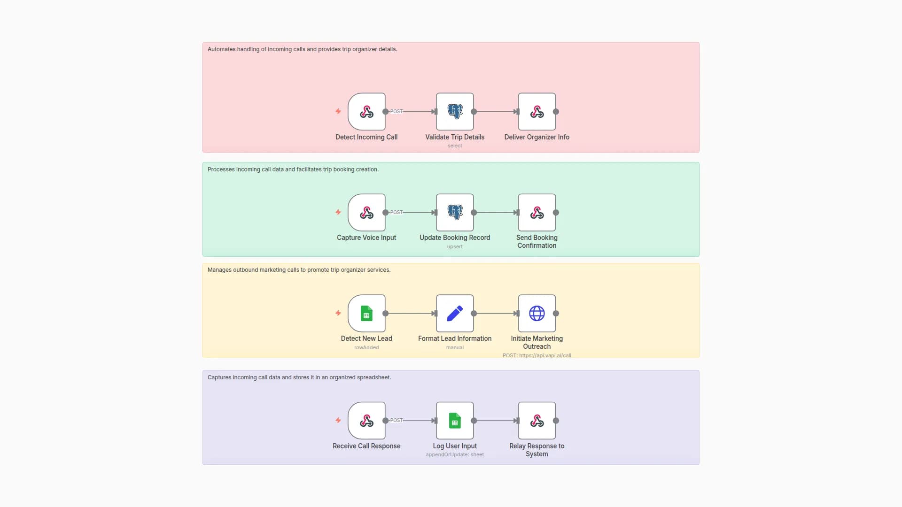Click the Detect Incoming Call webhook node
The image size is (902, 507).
point(366,112)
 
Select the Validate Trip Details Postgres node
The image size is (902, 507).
point(455,112)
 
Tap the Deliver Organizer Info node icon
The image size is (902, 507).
point(537,112)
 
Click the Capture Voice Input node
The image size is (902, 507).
point(366,213)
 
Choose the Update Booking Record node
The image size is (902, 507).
point(455,213)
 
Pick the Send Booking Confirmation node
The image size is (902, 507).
point(537,213)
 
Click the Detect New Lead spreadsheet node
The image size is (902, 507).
point(366,314)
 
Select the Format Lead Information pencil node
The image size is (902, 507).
point(455,314)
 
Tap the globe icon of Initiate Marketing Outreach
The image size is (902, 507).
point(537,314)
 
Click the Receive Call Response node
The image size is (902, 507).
point(366,421)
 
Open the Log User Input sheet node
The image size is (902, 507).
point(455,421)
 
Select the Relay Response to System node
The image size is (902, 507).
point(537,421)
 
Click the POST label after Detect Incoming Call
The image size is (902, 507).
point(396,112)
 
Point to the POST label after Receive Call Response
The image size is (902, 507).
point(396,421)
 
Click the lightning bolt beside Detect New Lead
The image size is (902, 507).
point(338,313)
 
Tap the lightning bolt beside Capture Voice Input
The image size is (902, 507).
point(338,212)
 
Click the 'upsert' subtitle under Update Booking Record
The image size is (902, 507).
point(455,247)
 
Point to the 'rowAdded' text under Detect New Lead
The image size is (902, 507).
point(366,348)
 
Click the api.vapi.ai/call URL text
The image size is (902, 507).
point(545,356)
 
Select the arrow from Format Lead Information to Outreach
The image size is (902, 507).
point(496,314)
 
